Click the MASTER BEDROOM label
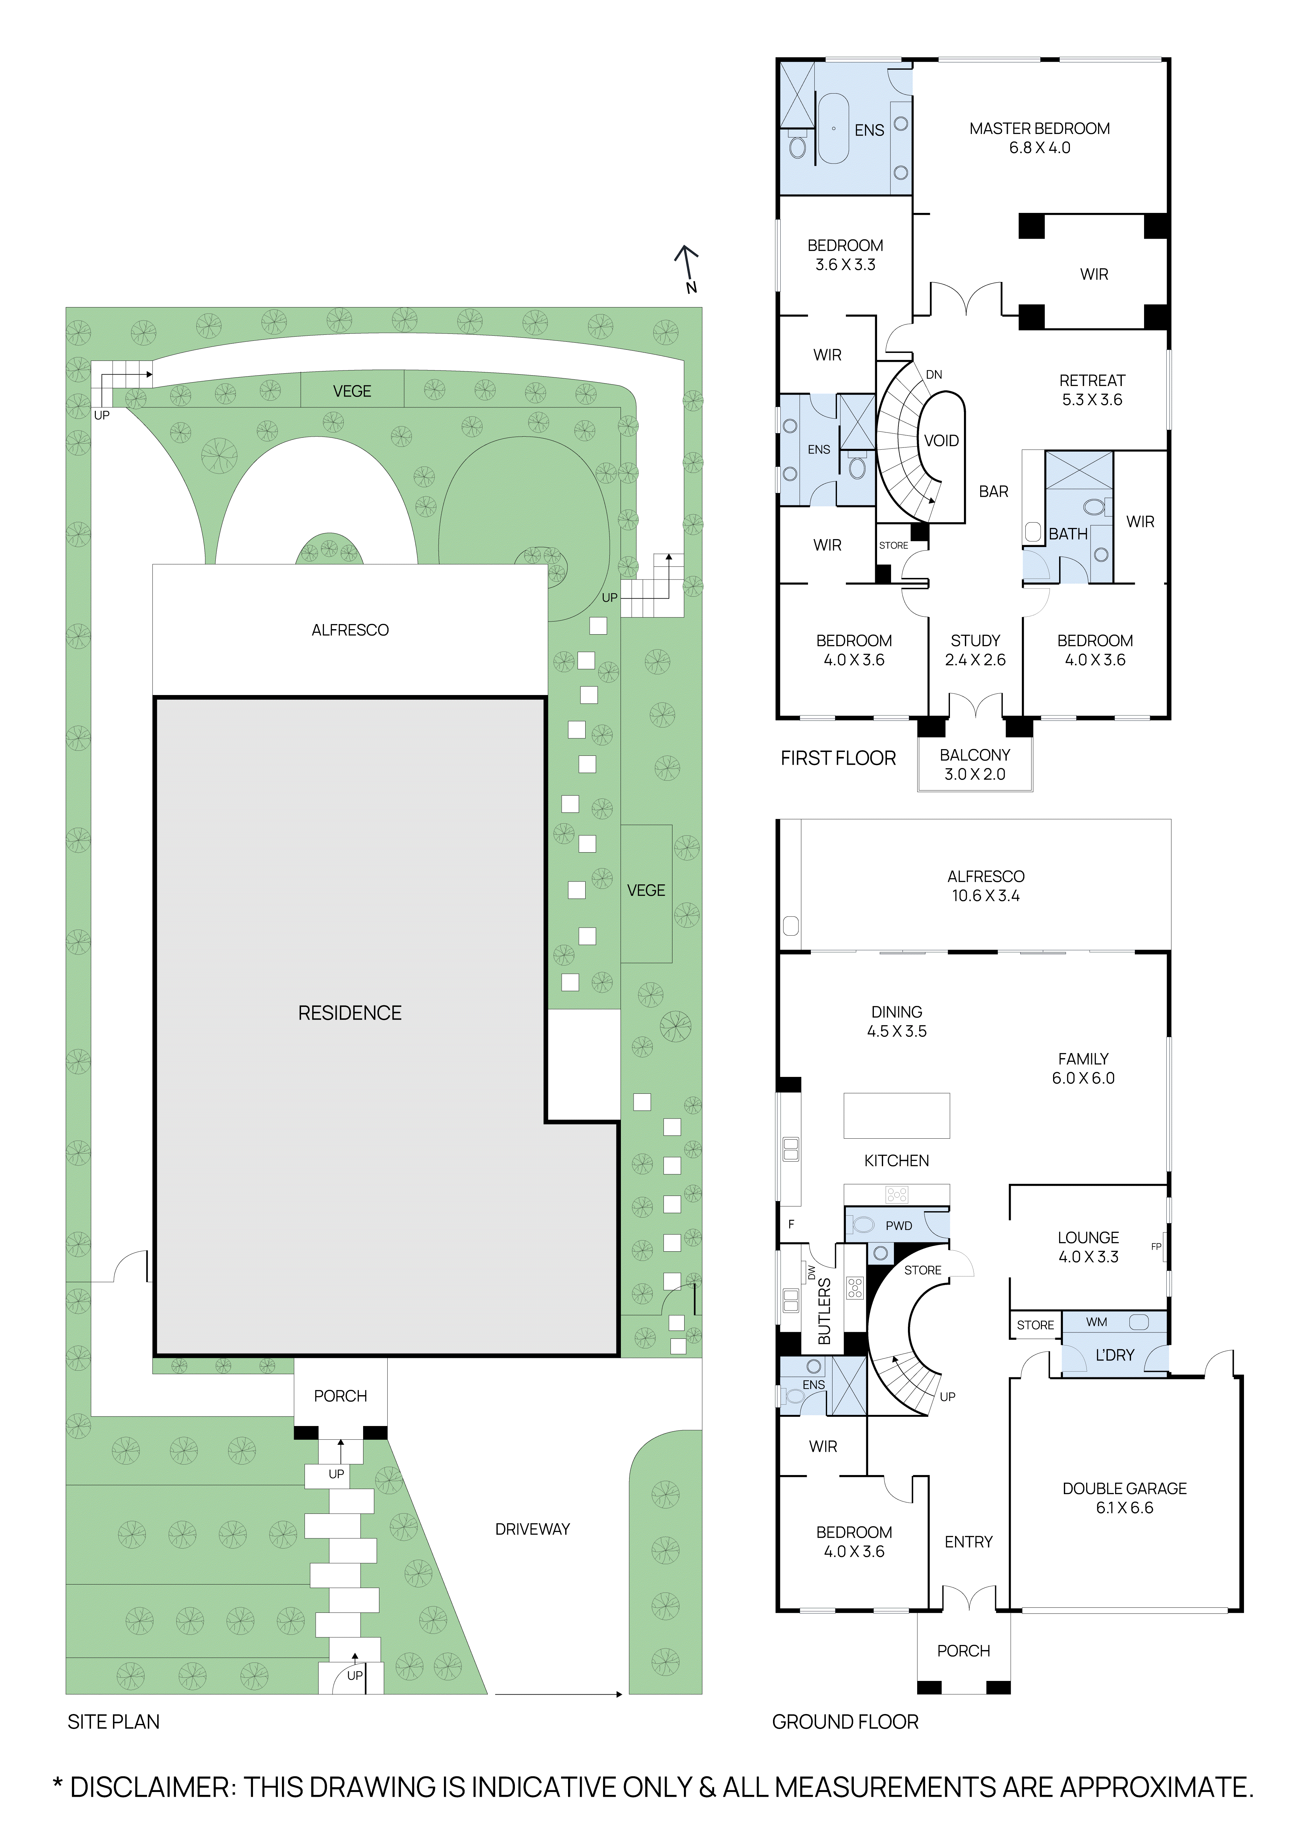pos(1039,129)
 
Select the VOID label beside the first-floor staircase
pos(941,441)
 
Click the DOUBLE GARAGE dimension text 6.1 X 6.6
pos(1124,1507)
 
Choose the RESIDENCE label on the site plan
pos(349,1013)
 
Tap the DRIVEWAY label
pos(532,1529)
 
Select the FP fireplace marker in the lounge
pos(1156,1247)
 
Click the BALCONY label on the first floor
pos(975,755)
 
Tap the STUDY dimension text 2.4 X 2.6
pos(975,660)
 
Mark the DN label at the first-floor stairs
pos(934,375)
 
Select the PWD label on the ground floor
pos(898,1226)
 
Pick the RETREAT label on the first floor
pos(1091,381)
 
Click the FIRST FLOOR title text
pos(838,758)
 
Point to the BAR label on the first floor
pos(993,492)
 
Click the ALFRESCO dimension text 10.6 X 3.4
pos(985,896)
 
